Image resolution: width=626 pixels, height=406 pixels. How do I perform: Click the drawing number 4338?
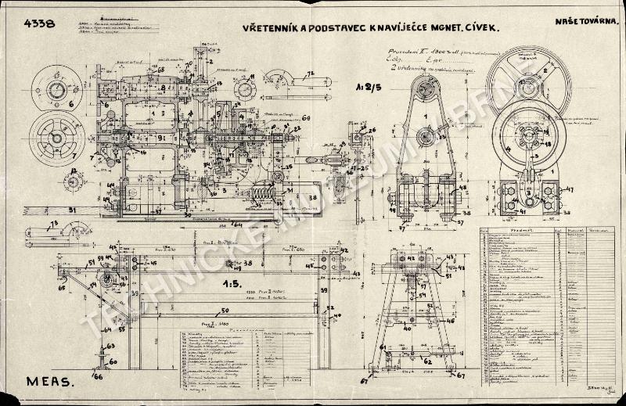[40, 23]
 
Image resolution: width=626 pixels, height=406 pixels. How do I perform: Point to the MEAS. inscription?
[49, 383]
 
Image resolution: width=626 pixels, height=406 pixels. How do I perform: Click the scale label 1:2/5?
[362, 88]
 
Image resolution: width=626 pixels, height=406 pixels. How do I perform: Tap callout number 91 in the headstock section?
[160, 138]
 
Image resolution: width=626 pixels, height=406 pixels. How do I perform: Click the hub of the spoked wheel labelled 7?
[57, 138]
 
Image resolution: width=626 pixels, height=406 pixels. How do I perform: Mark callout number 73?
[54, 224]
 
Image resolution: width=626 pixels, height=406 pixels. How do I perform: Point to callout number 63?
[110, 344]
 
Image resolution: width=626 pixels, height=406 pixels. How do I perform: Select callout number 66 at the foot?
[97, 376]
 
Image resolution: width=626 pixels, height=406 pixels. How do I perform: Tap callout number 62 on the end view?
[426, 361]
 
